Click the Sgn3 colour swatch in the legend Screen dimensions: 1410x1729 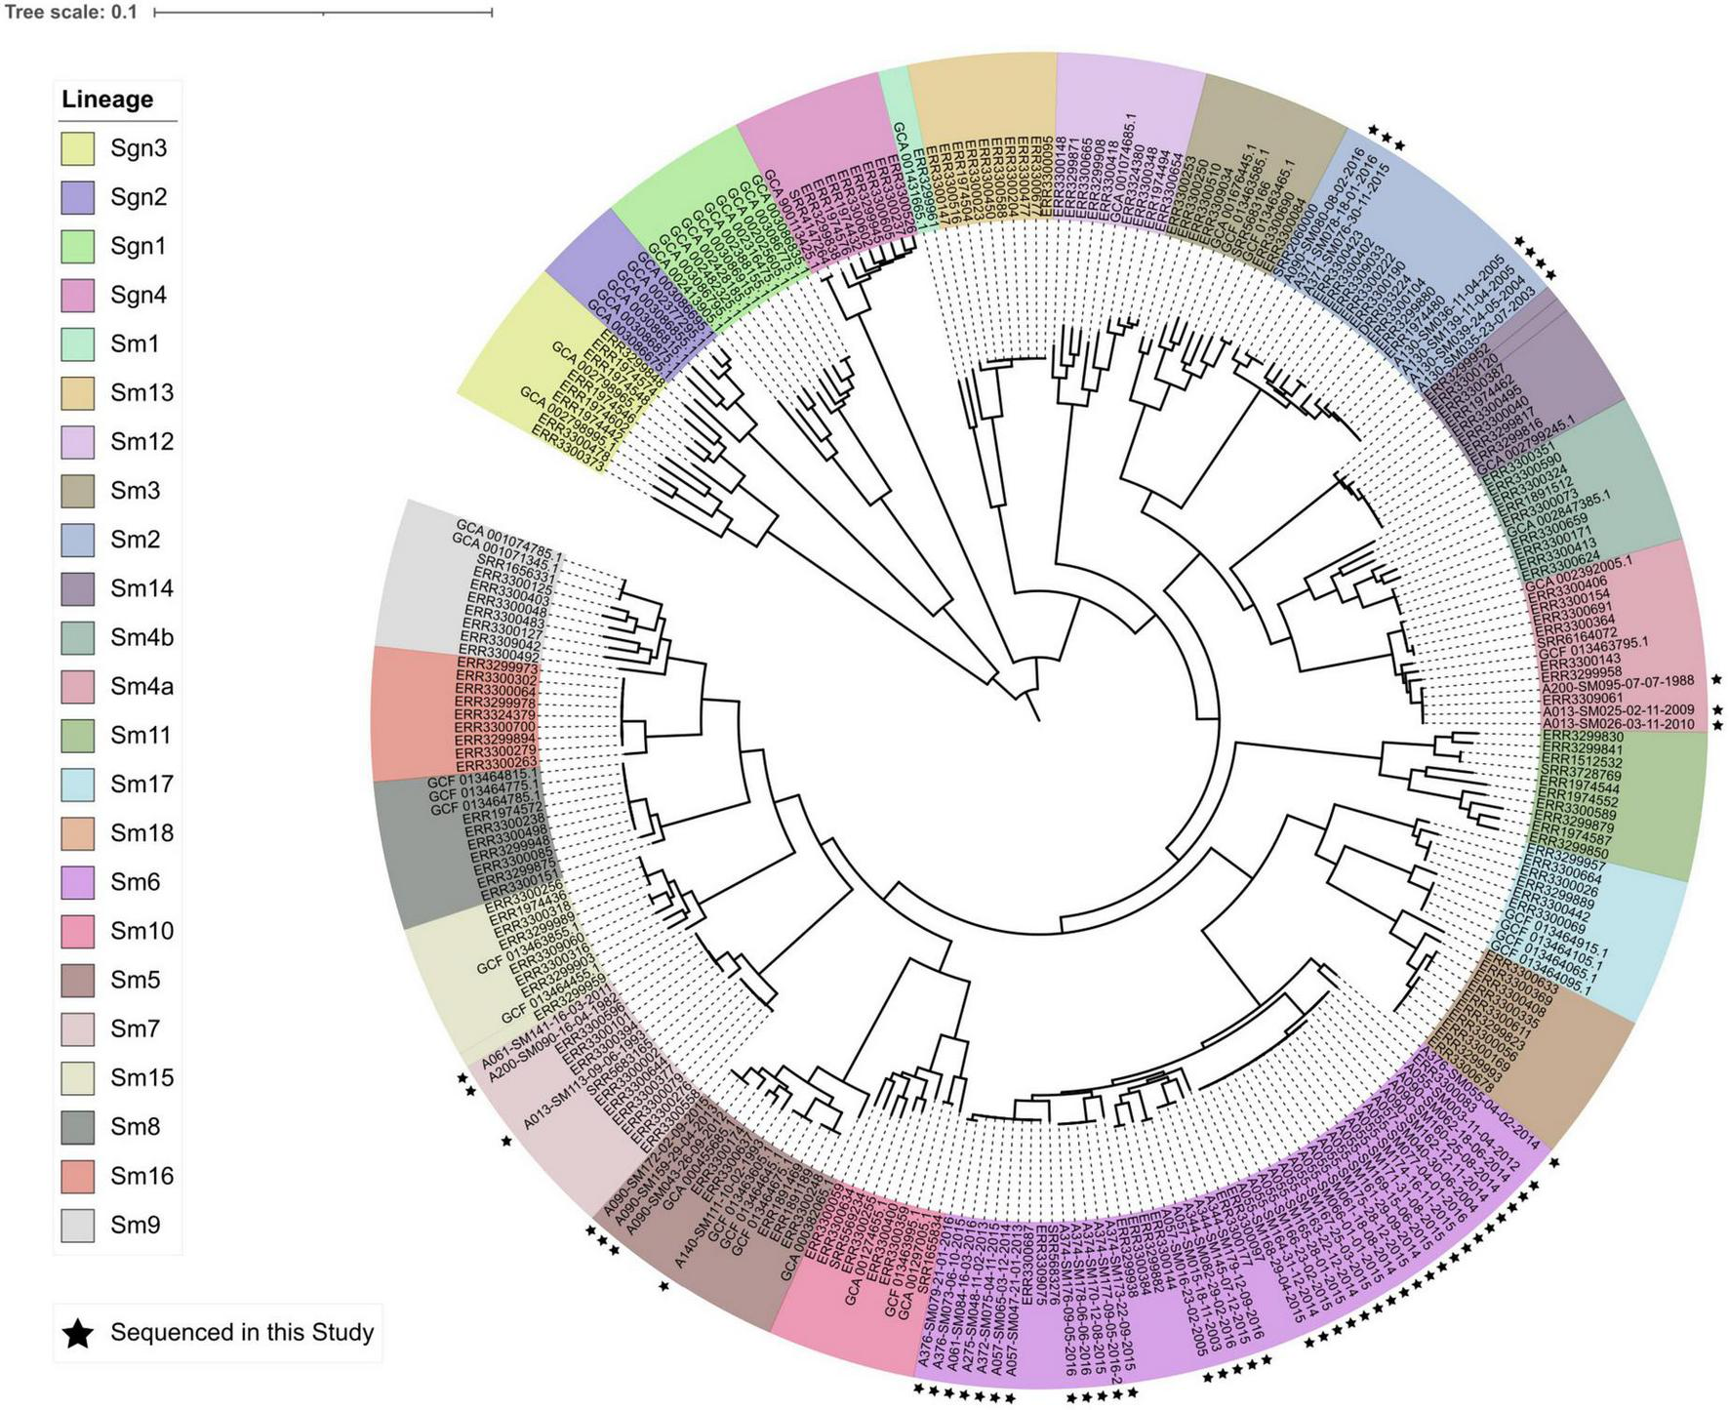coord(77,148)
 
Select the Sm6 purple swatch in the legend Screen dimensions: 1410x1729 coord(77,882)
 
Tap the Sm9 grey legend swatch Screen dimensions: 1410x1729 coord(77,1225)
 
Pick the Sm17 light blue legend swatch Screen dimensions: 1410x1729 coord(77,784)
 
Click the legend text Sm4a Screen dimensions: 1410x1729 coord(141,686)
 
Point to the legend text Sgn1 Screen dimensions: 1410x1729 coord(138,246)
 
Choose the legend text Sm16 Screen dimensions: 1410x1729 coord(141,1176)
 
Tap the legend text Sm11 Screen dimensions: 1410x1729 coord(141,735)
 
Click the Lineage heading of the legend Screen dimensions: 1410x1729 coord(107,100)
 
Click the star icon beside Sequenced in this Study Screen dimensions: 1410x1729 coord(78,1333)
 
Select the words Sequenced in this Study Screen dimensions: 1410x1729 coord(242,1333)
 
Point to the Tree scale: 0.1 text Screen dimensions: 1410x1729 coord(71,13)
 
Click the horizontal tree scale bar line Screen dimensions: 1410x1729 coord(323,13)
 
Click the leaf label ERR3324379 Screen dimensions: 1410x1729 coord(495,714)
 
